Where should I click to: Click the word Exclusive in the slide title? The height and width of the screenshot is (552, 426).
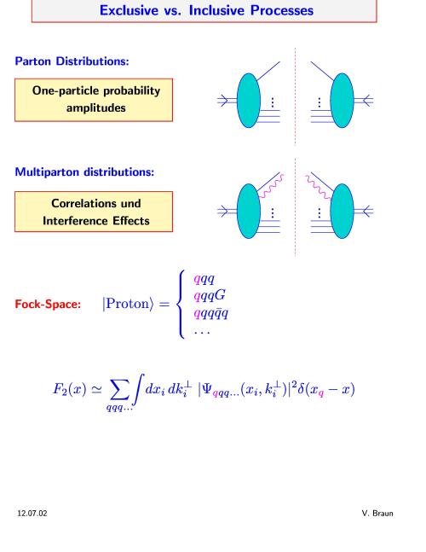click(129, 10)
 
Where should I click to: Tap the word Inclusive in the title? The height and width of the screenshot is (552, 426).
click(217, 10)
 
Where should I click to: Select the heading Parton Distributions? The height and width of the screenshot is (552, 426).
click(72, 61)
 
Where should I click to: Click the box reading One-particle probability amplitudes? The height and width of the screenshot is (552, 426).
click(94, 100)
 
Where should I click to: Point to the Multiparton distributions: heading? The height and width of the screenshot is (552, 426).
click(84, 172)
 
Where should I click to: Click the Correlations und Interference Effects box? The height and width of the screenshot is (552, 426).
click(94, 212)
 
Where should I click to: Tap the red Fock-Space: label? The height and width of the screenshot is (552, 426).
click(48, 304)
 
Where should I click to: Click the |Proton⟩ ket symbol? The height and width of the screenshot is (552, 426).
click(128, 304)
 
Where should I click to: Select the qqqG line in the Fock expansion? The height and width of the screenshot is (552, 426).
click(210, 296)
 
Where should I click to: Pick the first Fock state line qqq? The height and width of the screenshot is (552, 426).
click(204, 279)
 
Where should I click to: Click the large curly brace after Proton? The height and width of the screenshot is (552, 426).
click(181, 305)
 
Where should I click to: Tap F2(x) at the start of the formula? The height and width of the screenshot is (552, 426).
click(70, 389)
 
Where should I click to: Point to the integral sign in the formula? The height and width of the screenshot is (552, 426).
click(139, 390)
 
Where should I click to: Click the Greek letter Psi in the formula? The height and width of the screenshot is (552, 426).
click(207, 389)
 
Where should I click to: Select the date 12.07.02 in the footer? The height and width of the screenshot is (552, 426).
click(32, 514)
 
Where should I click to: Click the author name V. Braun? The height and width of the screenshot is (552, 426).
click(377, 514)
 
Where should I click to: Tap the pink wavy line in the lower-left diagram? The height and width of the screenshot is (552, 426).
click(271, 186)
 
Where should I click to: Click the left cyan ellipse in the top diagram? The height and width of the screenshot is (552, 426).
click(249, 101)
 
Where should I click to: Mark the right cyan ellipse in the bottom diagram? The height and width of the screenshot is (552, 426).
click(342, 212)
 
